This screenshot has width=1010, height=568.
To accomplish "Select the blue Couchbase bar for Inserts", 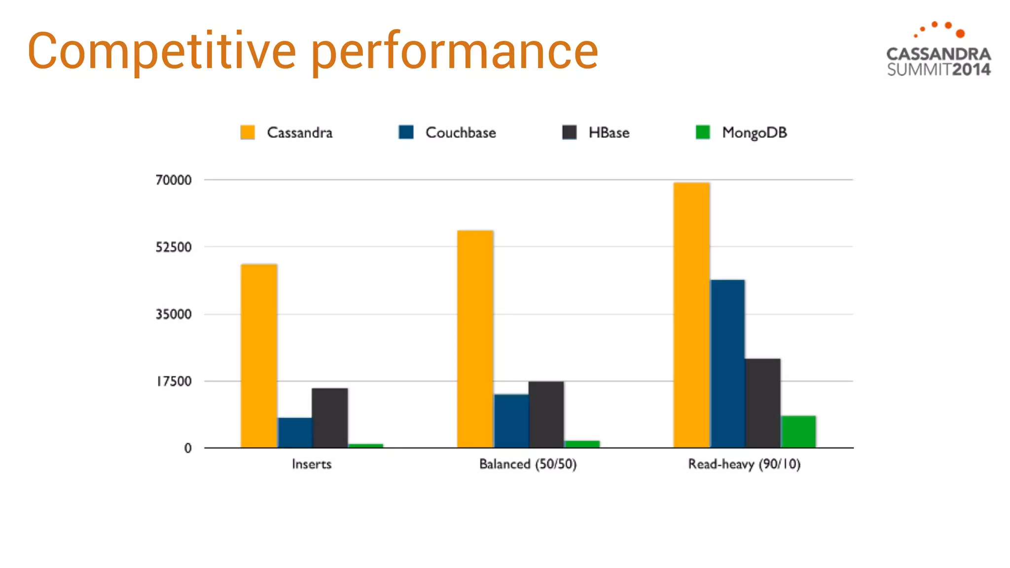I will tap(295, 433).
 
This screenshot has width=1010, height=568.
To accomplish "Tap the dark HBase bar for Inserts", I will tap(330, 418).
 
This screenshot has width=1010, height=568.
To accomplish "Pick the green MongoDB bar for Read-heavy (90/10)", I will tap(798, 432).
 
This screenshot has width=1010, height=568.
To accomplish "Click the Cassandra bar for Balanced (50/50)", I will tap(475, 339).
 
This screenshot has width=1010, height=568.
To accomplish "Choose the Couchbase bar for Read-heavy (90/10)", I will tap(727, 364).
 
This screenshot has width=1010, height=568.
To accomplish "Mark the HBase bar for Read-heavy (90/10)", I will tap(763, 403).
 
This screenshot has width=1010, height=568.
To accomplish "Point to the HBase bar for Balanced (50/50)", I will tap(546, 415).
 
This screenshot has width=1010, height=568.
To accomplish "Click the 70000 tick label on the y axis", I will tap(174, 180).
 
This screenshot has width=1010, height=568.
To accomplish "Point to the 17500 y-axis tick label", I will tap(174, 381).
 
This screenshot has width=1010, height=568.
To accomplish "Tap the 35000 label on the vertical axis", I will tap(174, 314).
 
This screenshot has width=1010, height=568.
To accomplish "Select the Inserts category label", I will tap(312, 464).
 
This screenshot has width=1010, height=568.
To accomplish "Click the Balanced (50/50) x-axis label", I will tap(528, 464).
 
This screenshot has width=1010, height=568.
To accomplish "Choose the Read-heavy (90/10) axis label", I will tap(744, 464).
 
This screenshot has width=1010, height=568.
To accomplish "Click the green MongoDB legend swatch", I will tap(703, 132).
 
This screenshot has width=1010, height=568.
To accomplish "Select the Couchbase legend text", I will tap(461, 133).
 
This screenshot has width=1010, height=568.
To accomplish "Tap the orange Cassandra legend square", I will tap(248, 132).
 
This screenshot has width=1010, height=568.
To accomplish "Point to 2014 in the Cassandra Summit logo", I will tap(971, 70).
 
